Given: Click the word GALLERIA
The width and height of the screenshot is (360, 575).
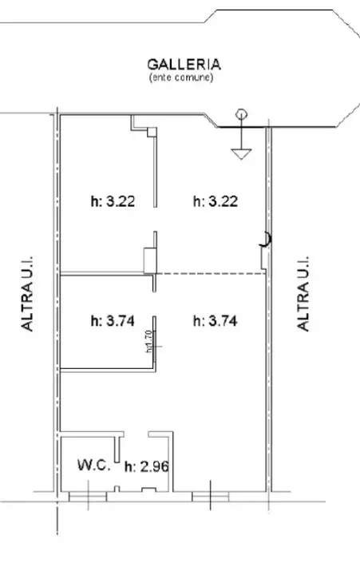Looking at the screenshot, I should (184, 64).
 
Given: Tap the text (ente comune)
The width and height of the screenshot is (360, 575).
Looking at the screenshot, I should (184, 77).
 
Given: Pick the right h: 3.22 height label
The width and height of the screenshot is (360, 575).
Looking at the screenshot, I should (216, 202).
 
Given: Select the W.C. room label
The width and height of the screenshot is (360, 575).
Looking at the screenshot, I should (93, 463).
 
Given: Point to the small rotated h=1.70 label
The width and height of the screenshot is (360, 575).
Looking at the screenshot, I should (149, 341).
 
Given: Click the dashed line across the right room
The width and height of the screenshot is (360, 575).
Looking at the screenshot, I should (212, 274).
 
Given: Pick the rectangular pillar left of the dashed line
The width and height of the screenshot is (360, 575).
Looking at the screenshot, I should (149, 260).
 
